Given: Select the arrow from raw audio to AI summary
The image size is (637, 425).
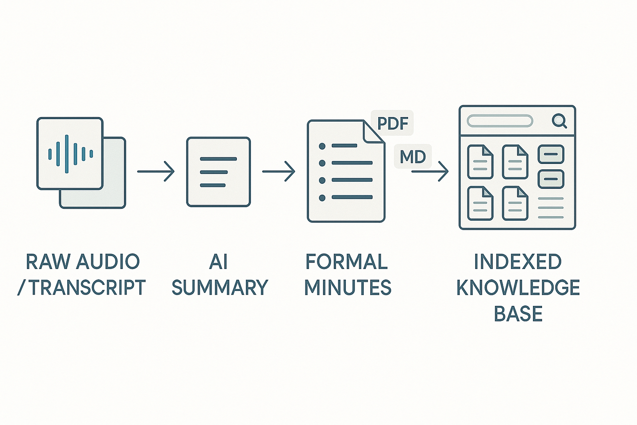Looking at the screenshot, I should point(156,172).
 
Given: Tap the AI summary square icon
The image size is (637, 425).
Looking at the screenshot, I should point(218,172).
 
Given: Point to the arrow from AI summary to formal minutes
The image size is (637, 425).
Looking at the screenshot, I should point(279,172).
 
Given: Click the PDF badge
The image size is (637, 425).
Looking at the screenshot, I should point(392,123).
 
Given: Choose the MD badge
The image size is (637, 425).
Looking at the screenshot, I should point(413,157).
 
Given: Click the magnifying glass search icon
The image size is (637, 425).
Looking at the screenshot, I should point(559,121).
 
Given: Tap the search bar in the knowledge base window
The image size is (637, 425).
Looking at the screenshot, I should point(500,121).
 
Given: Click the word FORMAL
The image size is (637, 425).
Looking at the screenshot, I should point(347,262).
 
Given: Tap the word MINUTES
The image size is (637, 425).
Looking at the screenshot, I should point(347,287).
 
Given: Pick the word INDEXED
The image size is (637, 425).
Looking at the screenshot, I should point(518,262).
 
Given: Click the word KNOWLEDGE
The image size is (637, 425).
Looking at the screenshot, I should point(518,287).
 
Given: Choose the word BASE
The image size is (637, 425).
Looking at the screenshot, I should point(518,314).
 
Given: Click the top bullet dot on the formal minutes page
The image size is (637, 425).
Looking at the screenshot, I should point(322,146).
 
